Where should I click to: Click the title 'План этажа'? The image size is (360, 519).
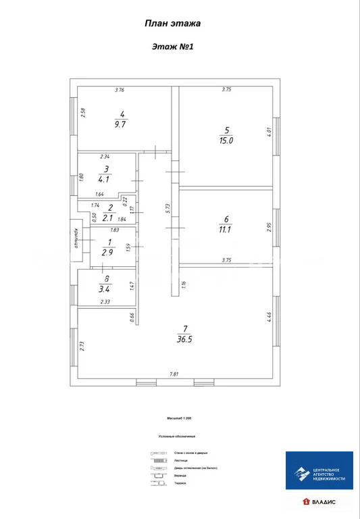tap(172, 23)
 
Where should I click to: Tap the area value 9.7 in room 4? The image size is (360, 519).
tap(120, 124)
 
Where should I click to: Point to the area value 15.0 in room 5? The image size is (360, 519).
tap(226, 141)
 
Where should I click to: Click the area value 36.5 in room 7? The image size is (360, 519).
tap(185, 339)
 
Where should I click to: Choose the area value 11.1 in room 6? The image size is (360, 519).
tap(226, 230)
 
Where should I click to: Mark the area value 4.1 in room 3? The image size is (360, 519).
tap(105, 179)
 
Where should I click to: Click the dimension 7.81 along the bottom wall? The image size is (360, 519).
tap(174, 374)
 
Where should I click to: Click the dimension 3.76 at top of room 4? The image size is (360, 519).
tap(120, 90)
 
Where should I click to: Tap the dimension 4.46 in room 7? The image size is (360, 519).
tap(268, 317)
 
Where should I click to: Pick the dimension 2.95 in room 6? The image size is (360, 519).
tap(268, 227)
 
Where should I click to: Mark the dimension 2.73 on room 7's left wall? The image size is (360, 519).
tap(82, 345)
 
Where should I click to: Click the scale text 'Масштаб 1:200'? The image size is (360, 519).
tap(173, 418)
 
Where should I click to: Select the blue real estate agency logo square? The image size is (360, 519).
tap(319, 470)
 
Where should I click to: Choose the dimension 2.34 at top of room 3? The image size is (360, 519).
tap(105, 156)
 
